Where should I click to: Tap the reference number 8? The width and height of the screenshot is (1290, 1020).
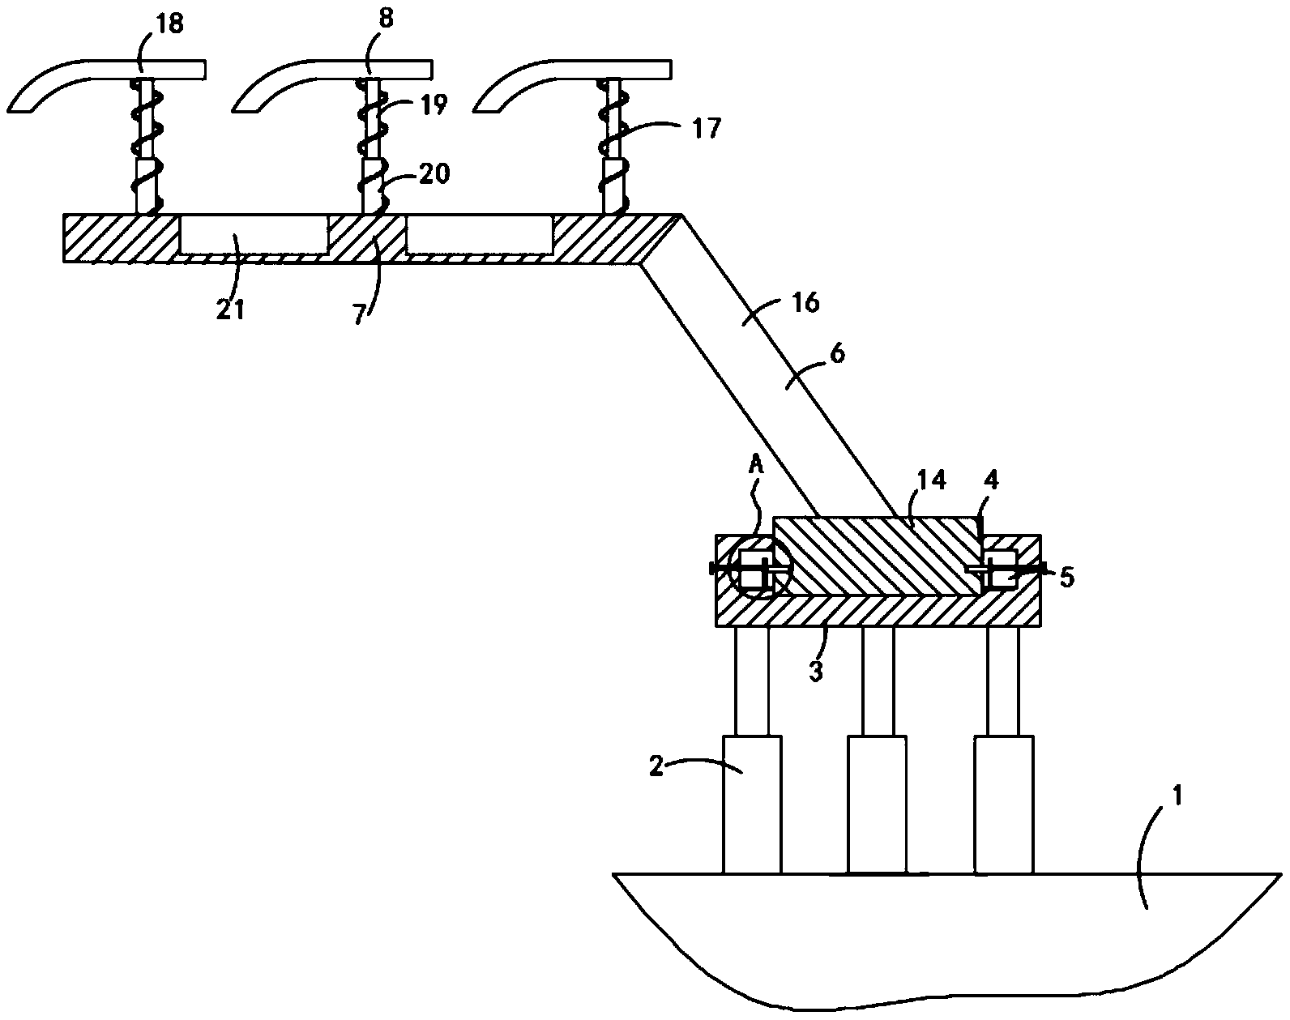click(386, 19)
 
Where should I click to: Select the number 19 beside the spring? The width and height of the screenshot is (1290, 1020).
click(434, 105)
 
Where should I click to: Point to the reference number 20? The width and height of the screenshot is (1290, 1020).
click(434, 173)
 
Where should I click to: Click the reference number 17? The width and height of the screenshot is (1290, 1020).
click(707, 128)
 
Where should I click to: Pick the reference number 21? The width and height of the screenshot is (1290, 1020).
click(230, 309)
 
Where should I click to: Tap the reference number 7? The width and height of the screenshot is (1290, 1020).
click(359, 314)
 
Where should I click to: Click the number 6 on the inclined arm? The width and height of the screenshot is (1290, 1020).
click(837, 353)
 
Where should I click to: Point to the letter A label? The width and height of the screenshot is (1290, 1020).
click(757, 464)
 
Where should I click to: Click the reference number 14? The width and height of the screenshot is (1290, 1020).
click(932, 480)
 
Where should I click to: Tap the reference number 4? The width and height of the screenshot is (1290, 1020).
click(991, 480)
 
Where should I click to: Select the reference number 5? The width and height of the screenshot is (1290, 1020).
click(1067, 577)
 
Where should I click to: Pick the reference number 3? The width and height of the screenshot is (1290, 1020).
click(816, 671)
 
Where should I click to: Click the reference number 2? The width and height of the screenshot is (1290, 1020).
click(657, 766)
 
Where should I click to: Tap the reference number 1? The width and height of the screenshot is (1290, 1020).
click(1177, 796)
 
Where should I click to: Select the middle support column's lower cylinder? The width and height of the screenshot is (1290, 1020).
click(877, 804)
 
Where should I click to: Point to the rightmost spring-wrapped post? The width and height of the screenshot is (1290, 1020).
click(613, 146)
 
